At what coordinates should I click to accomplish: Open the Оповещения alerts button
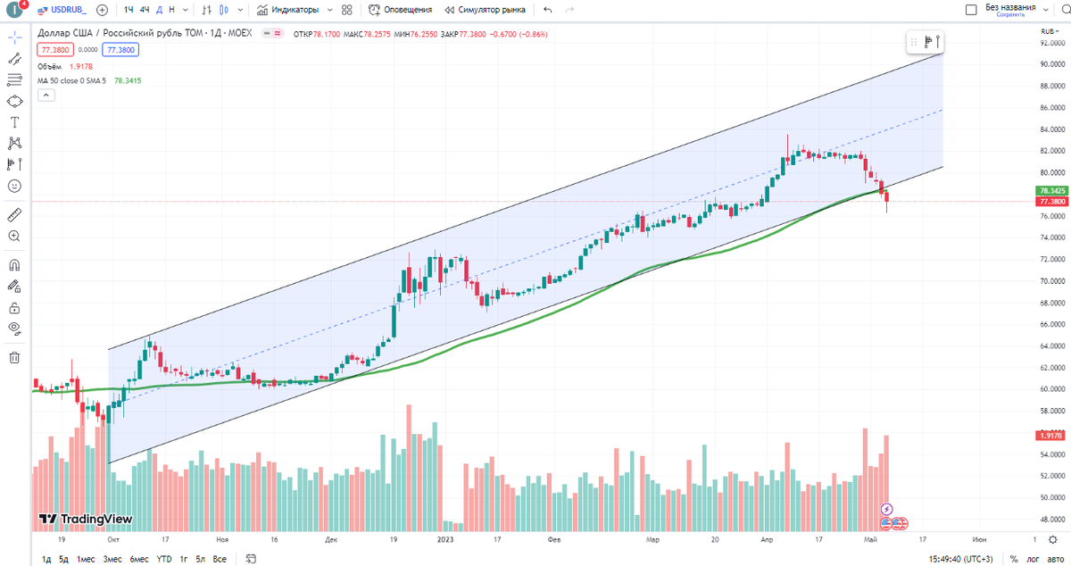pyautogui.click(x=401, y=10)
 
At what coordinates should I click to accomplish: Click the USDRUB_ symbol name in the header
pyautogui.click(x=68, y=10)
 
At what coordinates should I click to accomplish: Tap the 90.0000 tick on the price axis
pyautogui.click(x=1052, y=64)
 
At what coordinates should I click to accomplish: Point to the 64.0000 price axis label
pyautogui.click(x=1052, y=345)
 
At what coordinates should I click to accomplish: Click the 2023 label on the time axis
pyautogui.click(x=446, y=540)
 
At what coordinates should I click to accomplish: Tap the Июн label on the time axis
pyautogui.click(x=979, y=540)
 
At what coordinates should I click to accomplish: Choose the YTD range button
pyautogui.click(x=164, y=560)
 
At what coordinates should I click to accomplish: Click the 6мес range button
pyautogui.click(x=138, y=560)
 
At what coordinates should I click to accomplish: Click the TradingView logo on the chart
pyautogui.click(x=86, y=519)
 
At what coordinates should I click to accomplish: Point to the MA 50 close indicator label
pyautogui.click(x=71, y=80)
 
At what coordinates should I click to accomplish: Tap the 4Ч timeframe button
pyautogui.click(x=145, y=10)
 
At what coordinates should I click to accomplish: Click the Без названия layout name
pyautogui.click(x=1010, y=7)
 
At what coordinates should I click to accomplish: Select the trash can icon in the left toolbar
pyautogui.click(x=14, y=358)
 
